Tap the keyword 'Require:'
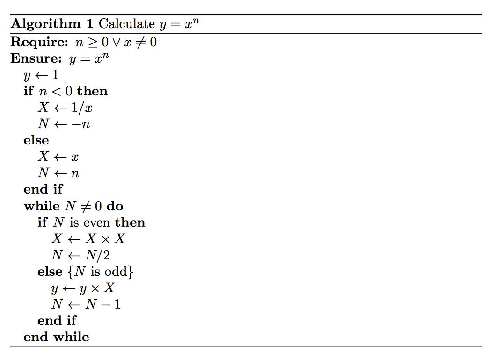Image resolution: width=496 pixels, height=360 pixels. pyautogui.click(x=40, y=42)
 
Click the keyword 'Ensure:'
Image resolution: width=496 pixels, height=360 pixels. pyautogui.click(x=36, y=58)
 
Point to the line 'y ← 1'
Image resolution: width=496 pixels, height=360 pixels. pyautogui.click(x=41, y=75)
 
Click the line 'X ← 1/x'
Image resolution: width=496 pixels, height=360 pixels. pyautogui.click(x=65, y=108)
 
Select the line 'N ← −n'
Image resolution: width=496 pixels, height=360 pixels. pyautogui.click(x=64, y=124)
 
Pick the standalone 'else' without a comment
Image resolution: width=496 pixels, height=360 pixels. pyautogui.click(x=36, y=140)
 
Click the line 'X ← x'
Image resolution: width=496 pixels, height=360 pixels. pyautogui.click(x=58, y=157)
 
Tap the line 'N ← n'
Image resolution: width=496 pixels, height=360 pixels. pyautogui.click(x=59, y=173)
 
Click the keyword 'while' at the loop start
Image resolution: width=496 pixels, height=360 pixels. pyautogui.click(x=42, y=206)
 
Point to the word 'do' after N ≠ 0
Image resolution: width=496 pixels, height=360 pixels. pyautogui.click(x=115, y=206)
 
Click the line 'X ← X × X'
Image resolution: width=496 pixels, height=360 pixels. pyautogui.click(x=88, y=239)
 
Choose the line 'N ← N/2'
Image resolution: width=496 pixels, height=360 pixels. pyautogui.click(x=81, y=255)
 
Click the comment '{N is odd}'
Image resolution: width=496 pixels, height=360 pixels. pyautogui.click(x=101, y=272)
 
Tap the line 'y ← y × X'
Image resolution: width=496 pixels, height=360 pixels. pyautogui.click(x=83, y=288)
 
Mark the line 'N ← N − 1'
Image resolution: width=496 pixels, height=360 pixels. pyautogui.click(x=86, y=304)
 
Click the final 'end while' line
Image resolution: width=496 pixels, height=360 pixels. pyautogui.click(x=56, y=337)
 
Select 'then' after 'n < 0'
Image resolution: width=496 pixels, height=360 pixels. pyautogui.click(x=92, y=91)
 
